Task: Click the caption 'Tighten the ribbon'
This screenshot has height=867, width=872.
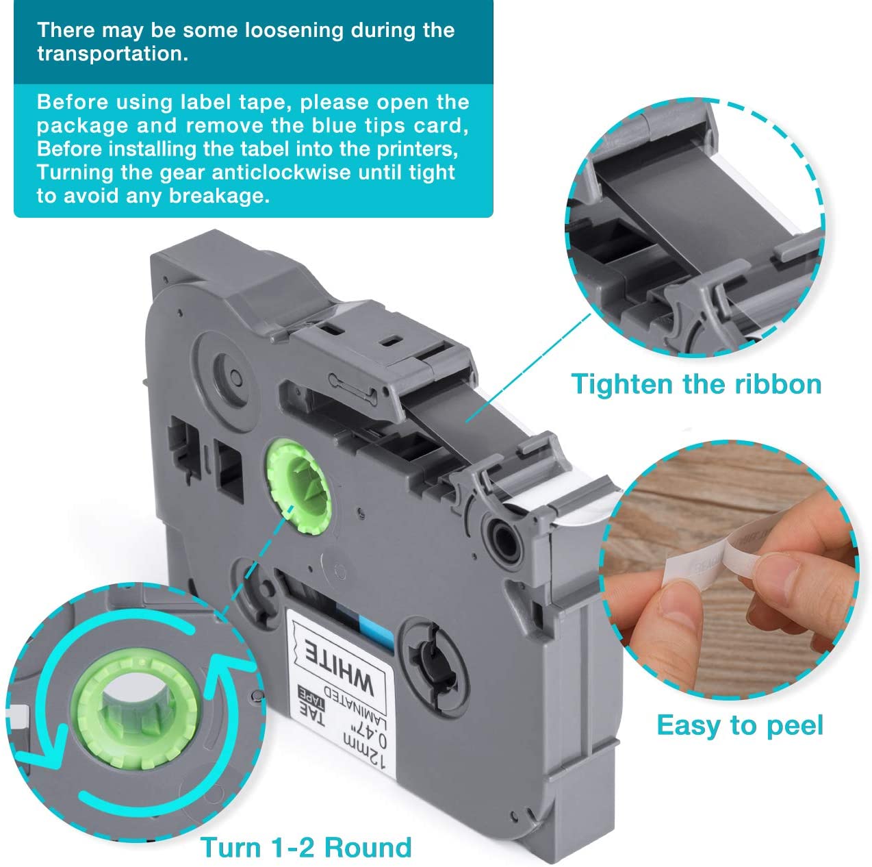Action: pyautogui.click(x=696, y=384)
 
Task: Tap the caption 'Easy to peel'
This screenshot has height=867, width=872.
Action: pyautogui.click(x=739, y=725)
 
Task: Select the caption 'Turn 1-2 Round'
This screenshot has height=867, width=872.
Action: pyautogui.click(x=306, y=847)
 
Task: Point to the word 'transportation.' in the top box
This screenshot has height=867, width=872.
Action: pyautogui.click(x=112, y=54)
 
